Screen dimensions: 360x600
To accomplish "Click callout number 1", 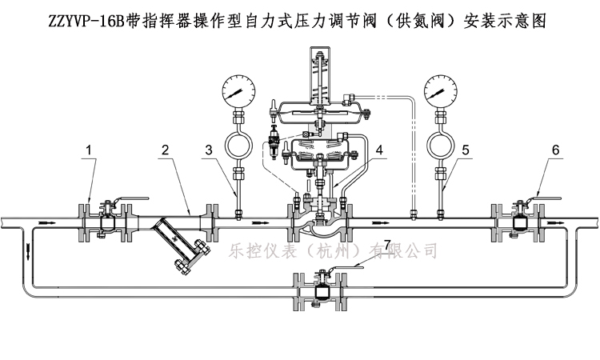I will [x=90, y=150].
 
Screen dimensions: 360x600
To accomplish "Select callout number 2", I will [x=165, y=150].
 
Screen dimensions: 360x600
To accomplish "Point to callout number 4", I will [x=381, y=150].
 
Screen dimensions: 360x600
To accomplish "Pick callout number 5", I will [x=467, y=150].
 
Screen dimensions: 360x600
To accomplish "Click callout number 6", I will [x=555, y=150].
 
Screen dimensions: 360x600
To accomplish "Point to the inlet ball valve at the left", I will [x=105, y=218].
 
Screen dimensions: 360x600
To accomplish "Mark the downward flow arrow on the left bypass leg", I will [x=29, y=251].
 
